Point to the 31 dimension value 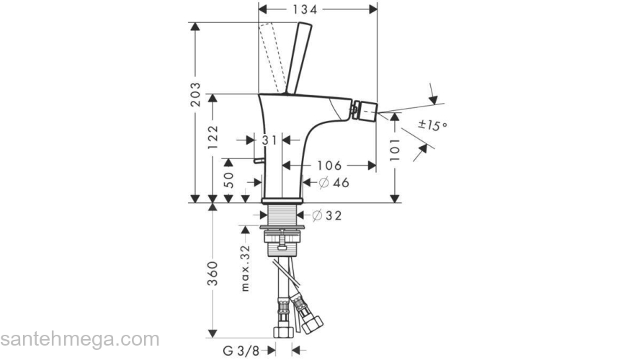point(269,140)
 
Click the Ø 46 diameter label point(333,183)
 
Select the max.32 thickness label point(245,267)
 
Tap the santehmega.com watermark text point(79,338)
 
